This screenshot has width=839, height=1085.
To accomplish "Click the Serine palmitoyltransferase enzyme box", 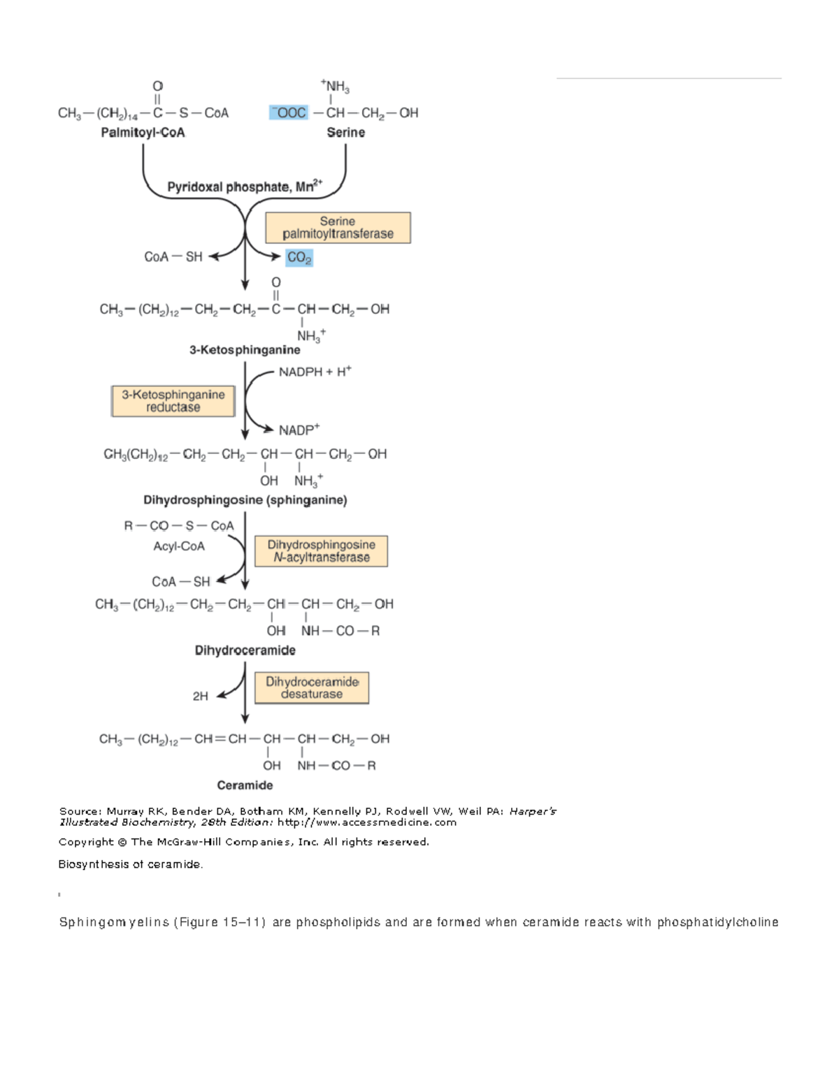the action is [338, 228].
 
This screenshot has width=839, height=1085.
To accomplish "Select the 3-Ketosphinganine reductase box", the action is [173, 401].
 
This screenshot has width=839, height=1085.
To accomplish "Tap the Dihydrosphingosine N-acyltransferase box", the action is [322, 551].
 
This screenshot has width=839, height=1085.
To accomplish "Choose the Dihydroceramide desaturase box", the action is [312, 688].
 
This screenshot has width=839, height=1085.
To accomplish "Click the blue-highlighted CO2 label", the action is [299, 258].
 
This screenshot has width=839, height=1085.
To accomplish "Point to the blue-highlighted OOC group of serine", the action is [289, 112].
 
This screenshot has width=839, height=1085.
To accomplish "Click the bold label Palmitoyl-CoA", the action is [143, 132].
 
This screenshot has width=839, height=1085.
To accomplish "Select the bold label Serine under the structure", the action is [346, 132].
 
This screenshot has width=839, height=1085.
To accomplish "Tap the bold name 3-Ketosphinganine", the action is [245, 349].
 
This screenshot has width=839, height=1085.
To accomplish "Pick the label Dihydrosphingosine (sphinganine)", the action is [245, 500].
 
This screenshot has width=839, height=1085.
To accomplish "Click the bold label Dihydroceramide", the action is [245, 650].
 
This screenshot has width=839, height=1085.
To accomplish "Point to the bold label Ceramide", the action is [245, 785].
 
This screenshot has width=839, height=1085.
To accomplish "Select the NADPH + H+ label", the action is [315, 372].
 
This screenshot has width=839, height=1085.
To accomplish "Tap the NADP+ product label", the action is [299, 430].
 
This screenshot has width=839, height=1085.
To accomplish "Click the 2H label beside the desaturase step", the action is [201, 696].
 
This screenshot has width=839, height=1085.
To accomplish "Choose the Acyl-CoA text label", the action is [179, 546].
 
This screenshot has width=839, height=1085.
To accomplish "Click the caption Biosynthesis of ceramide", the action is [131, 864].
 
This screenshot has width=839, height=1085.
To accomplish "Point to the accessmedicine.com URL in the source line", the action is [367, 822].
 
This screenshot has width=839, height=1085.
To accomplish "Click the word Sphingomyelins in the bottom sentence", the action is [115, 922].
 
